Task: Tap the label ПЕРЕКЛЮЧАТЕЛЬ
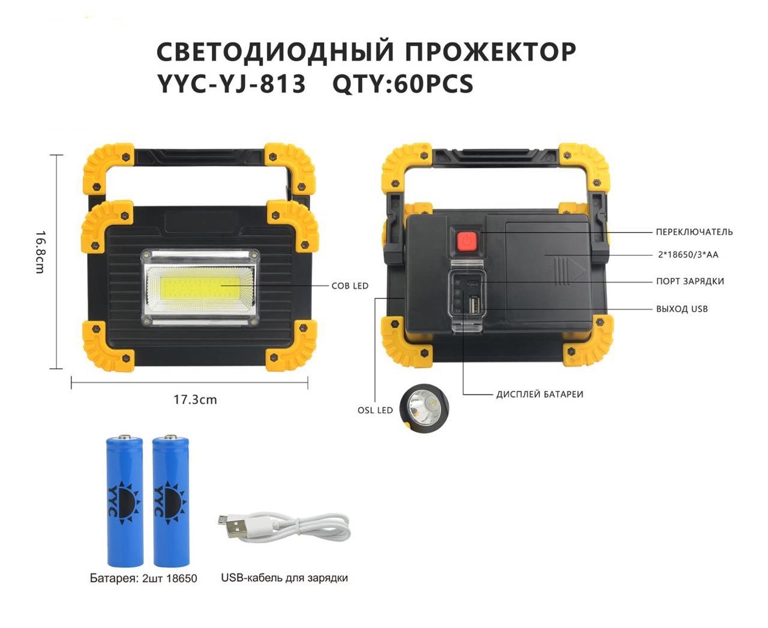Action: (694, 232)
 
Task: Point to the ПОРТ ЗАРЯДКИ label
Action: (690, 281)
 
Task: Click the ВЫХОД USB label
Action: (682, 309)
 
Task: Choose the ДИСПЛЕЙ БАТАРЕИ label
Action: (539, 394)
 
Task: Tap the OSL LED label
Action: (375, 410)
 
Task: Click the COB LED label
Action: (350, 286)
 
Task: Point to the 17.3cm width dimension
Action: (195, 399)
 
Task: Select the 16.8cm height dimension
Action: (40, 252)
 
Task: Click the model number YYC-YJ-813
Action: (231, 84)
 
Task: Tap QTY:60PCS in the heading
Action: (403, 84)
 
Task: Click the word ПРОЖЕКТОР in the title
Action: (491, 52)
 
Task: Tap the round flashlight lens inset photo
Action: (424, 408)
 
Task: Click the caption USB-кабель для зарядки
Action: (284, 578)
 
